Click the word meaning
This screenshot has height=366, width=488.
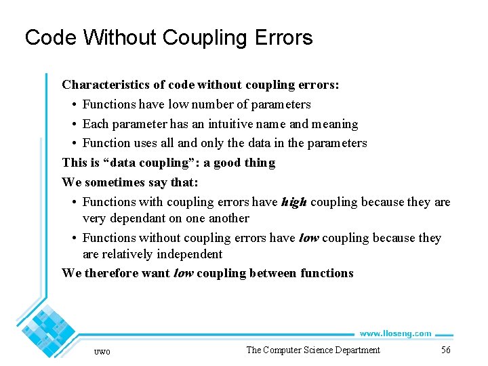pos(333,124)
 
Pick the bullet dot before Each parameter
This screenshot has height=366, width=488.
pos(73,124)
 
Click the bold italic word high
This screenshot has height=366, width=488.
pos(294,202)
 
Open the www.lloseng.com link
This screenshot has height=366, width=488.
pos(395,333)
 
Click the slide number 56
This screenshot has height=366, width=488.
pos(445,350)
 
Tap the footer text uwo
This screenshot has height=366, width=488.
pos(102,351)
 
